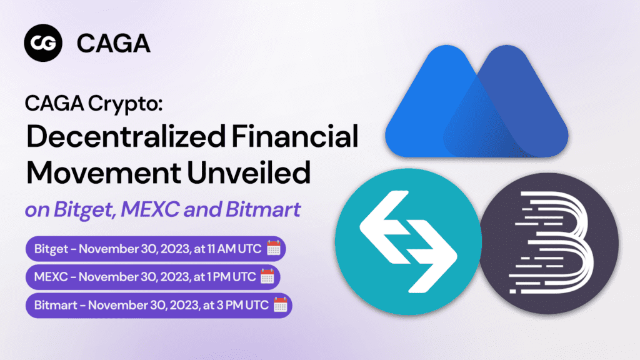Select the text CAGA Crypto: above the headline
93,102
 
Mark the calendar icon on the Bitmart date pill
280,305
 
